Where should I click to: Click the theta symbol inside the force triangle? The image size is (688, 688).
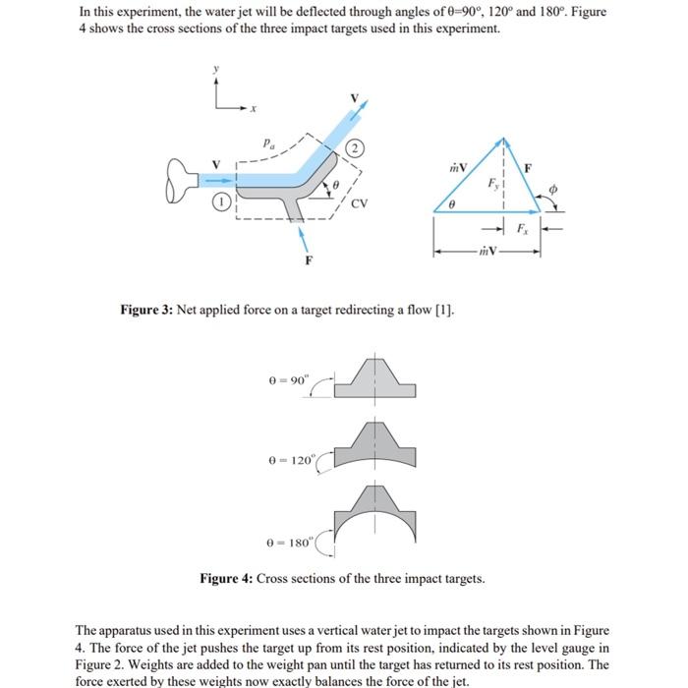[x=451, y=205]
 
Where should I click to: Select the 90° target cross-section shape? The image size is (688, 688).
[x=374, y=379]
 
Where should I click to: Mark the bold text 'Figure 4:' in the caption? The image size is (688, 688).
[x=227, y=579]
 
